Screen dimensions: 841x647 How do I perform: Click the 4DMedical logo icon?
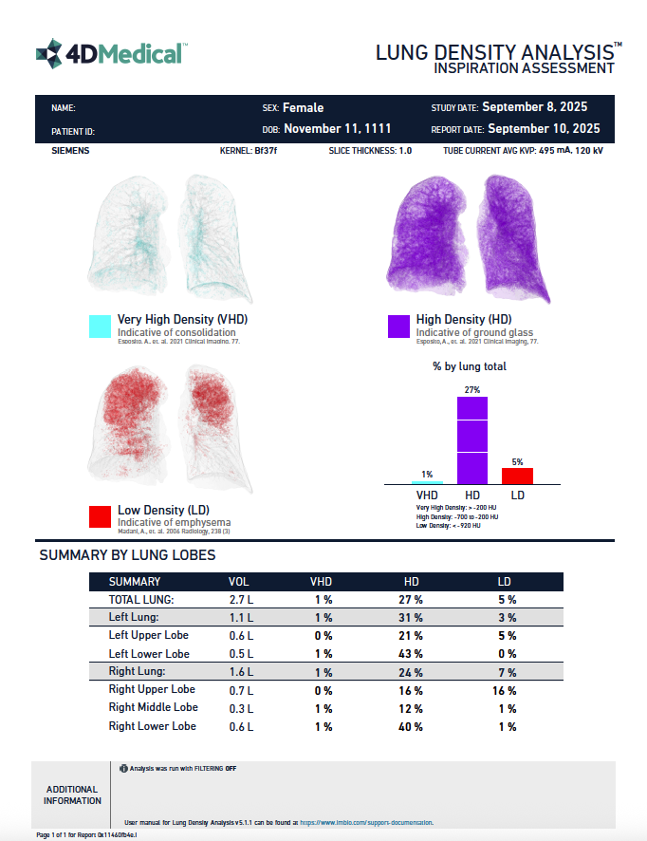[48, 54]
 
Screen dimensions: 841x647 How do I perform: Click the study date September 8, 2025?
[541, 107]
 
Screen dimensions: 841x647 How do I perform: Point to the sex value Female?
[303, 108]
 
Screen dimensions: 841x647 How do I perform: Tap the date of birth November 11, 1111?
[337, 129]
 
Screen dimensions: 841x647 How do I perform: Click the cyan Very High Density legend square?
[100, 327]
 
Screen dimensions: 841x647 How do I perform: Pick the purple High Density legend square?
[399, 327]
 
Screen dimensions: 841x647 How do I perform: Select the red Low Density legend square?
[100, 516]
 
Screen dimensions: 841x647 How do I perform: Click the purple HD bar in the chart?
[472, 440]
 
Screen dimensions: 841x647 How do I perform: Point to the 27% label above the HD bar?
[472, 390]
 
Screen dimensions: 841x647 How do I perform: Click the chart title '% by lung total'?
[471, 366]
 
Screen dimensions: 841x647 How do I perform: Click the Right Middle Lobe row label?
[154, 707]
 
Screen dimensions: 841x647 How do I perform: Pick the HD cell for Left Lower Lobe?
[411, 654]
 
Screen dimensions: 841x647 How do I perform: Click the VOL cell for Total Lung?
[241, 600]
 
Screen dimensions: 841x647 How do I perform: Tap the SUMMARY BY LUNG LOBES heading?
[127, 555]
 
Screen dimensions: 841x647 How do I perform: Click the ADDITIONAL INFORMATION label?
[72, 794]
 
